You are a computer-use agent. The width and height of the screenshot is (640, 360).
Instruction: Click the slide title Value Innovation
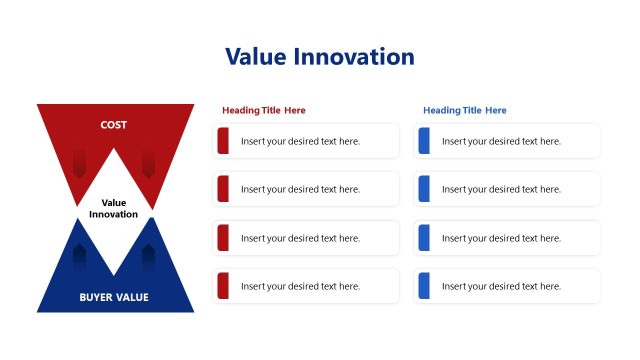(x=320, y=57)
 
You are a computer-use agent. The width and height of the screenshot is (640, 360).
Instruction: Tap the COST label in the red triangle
(x=114, y=125)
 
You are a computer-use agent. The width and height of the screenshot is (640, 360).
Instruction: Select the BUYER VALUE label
(x=114, y=297)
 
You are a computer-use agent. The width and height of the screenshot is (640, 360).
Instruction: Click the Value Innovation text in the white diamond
(x=114, y=208)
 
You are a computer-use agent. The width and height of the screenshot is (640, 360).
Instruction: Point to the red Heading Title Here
(x=264, y=110)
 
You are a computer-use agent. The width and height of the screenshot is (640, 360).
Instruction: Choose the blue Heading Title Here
(x=465, y=110)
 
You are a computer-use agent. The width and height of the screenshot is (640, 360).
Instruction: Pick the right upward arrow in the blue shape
(x=148, y=258)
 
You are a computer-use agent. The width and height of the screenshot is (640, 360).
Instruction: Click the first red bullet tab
(x=223, y=141)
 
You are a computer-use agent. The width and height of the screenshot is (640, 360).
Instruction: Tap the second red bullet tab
(x=223, y=189)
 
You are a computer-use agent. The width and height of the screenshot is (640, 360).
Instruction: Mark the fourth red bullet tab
(x=223, y=286)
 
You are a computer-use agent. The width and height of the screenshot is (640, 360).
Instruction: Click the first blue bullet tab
(x=424, y=141)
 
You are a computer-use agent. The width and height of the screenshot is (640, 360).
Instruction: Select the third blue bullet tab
(x=424, y=238)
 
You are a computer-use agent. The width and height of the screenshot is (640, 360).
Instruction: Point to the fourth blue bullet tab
(x=424, y=286)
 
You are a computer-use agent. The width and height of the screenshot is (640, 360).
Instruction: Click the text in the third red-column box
(x=300, y=238)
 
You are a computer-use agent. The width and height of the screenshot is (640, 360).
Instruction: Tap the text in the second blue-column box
(x=501, y=189)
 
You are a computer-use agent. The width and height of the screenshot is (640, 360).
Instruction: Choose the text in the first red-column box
(x=300, y=141)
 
